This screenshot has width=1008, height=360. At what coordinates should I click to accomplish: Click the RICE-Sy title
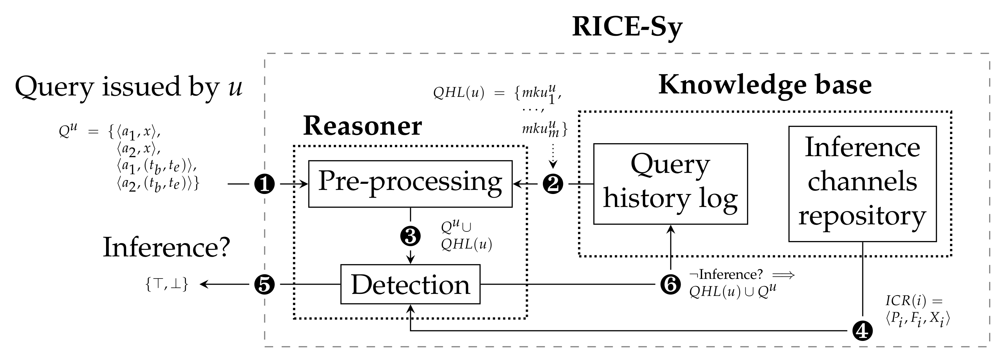(x=627, y=27)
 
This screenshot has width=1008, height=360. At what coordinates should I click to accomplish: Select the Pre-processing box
(x=410, y=183)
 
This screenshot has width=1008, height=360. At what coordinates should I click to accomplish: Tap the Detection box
(x=410, y=284)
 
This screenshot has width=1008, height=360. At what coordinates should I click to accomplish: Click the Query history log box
(x=670, y=183)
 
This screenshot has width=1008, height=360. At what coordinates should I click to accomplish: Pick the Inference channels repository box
(x=862, y=183)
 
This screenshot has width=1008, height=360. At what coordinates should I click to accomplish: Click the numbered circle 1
(x=265, y=183)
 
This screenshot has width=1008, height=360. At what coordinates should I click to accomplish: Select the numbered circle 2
(x=552, y=183)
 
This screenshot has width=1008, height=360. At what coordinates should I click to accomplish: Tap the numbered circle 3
(x=410, y=236)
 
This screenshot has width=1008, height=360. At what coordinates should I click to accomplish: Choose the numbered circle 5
(x=265, y=284)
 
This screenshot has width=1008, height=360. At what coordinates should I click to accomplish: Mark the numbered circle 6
(x=670, y=284)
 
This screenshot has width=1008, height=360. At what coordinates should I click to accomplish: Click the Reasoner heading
(x=362, y=126)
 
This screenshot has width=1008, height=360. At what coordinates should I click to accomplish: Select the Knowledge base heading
(x=765, y=85)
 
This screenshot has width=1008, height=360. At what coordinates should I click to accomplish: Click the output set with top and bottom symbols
(x=167, y=284)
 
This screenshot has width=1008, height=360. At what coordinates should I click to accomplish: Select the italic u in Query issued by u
(x=235, y=87)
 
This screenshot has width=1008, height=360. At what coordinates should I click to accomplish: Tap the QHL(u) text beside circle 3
(x=466, y=244)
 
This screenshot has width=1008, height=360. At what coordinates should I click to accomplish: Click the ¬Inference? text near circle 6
(x=726, y=274)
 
